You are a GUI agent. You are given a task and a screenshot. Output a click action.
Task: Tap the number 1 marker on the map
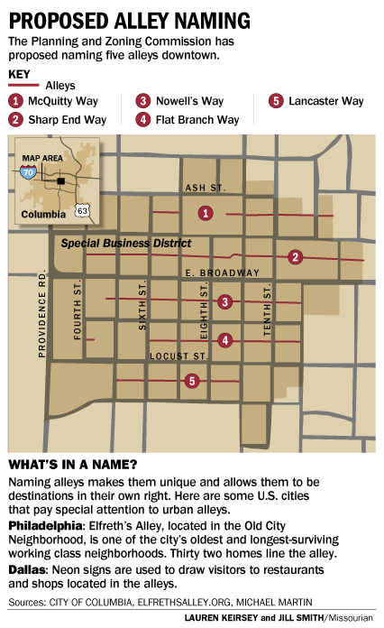[206, 213]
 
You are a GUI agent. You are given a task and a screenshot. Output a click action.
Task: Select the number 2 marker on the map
[295, 257]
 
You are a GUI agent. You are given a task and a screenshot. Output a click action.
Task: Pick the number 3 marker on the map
[225, 301]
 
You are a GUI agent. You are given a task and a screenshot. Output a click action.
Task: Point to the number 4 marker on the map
[225, 340]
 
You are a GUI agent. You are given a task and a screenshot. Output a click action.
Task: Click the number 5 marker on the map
[192, 381]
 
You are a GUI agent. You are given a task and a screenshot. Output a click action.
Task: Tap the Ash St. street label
[204, 188]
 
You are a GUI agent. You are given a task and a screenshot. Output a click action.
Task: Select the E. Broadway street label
[220, 272]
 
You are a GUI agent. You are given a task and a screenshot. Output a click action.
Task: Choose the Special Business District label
[126, 244]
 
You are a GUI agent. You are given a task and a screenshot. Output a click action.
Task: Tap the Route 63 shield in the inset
[83, 210]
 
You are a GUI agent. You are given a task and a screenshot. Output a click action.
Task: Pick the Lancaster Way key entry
[319, 101]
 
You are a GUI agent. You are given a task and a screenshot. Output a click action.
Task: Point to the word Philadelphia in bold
[42, 524]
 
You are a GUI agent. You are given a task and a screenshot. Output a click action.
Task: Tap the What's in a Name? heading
[73, 465]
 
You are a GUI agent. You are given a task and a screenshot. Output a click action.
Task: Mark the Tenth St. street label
[268, 311]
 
